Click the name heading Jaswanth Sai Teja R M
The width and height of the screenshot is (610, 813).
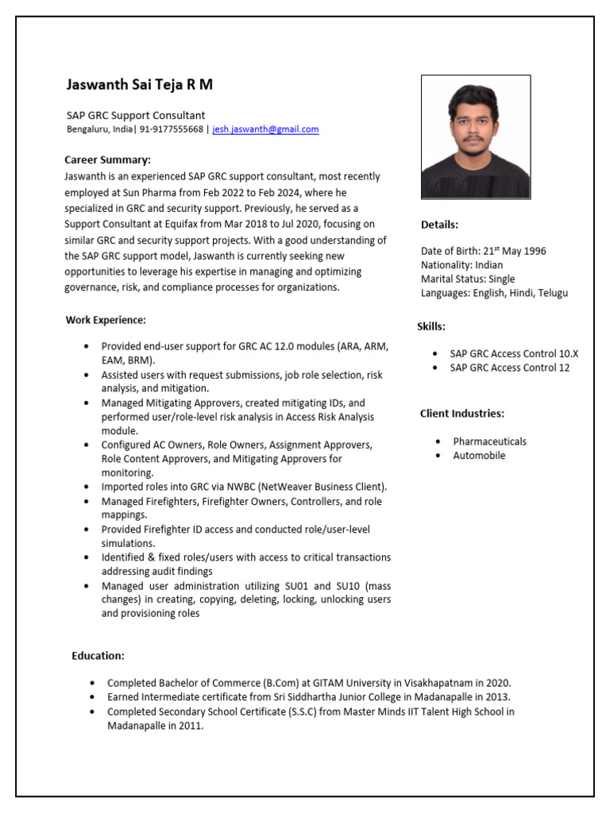(139, 84)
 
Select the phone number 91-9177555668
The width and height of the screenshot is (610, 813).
(172, 129)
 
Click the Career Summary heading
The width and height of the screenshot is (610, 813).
(107, 160)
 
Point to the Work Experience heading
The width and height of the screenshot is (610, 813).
(106, 320)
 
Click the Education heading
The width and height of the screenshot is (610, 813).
(98, 655)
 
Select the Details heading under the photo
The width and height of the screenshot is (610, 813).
(439, 225)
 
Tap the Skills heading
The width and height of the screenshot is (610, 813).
(431, 326)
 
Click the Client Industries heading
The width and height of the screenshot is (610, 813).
(461, 413)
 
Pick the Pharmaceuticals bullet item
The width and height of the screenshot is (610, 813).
(489, 441)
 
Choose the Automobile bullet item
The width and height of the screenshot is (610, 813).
(479, 456)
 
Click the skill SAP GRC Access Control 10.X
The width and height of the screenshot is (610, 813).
(514, 353)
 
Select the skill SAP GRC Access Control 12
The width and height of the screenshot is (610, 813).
(509, 368)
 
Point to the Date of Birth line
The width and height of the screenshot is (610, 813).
(483, 251)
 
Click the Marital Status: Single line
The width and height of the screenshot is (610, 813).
(468, 279)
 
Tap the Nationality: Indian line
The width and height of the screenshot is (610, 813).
(461, 265)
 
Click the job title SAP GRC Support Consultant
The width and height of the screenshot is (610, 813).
(135, 115)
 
